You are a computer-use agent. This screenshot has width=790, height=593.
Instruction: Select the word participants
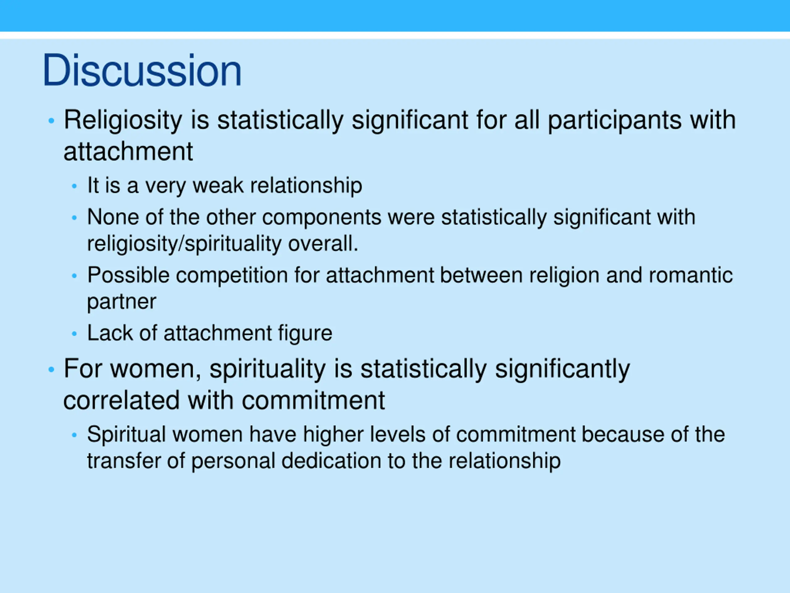pyautogui.click(x=614, y=120)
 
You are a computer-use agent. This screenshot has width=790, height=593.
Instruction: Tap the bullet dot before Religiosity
pyautogui.click(x=52, y=121)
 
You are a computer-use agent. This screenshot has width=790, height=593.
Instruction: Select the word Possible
pyautogui.click(x=128, y=275)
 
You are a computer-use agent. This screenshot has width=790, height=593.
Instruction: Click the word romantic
pyautogui.click(x=690, y=275)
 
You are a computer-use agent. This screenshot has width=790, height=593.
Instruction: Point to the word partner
pyautogui.click(x=121, y=302)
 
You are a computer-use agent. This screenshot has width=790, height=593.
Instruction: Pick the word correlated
pyautogui.click(x=121, y=400)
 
